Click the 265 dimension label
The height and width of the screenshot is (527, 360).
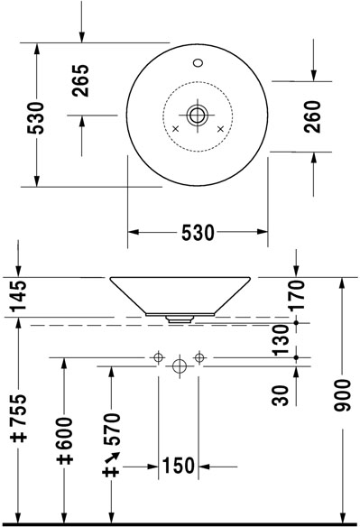[81, 80]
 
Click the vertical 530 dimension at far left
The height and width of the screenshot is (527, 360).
[35, 117]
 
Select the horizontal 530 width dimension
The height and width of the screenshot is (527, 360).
[198, 233]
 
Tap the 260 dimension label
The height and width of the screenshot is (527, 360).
[312, 116]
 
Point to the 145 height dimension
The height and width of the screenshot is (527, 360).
[18, 296]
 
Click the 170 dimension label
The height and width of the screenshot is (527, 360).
[297, 295]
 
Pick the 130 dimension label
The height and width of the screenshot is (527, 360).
[281, 340]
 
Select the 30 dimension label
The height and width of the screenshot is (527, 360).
[281, 395]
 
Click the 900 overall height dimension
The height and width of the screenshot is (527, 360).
[342, 395]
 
